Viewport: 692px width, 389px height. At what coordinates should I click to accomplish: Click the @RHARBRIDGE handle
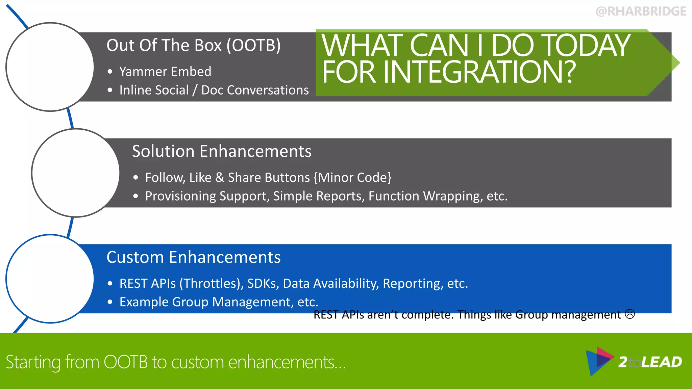point(641,11)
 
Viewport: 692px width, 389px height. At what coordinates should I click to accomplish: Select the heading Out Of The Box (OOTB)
point(193,45)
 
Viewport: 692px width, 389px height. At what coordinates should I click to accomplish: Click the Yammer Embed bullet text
point(165,72)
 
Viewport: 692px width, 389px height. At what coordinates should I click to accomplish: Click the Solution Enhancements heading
point(222,151)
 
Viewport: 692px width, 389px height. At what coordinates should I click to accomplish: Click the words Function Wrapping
point(425,196)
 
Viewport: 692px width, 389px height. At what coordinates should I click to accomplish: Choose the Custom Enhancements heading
point(193,257)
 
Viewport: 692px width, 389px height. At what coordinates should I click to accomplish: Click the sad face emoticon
point(630,314)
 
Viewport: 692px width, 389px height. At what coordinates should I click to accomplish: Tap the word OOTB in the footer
point(125,362)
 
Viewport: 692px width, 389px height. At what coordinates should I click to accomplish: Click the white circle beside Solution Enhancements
point(75,173)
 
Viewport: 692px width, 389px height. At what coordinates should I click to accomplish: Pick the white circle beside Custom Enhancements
point(50,279)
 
